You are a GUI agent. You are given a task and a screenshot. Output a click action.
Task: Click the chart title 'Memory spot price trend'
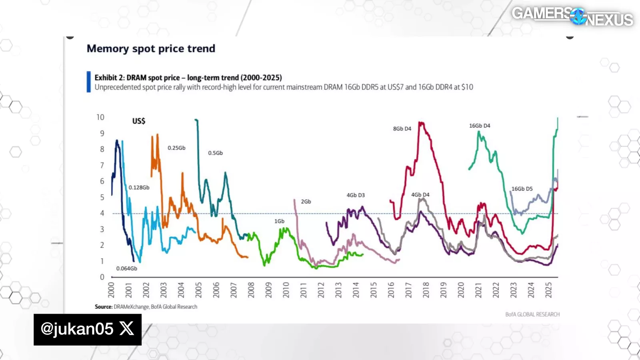click(151, 49)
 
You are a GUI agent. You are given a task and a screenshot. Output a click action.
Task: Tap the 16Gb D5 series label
click(522, 189)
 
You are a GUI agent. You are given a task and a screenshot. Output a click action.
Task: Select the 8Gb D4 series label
click(402, 129)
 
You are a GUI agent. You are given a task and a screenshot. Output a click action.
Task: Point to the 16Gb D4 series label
click(480, 126)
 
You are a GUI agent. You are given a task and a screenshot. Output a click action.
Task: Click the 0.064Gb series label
click(126, 268)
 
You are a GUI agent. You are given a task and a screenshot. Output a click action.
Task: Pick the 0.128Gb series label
click(139, 188)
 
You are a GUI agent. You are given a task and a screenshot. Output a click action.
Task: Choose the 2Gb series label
click(306, 202)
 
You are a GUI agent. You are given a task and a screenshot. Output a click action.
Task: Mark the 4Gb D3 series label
click(356, 195)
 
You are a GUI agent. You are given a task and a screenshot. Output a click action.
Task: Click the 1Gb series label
click(279, 221)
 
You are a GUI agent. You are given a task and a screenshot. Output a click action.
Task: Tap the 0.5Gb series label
click(215, 153)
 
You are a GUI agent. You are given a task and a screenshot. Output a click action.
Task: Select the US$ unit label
click(139, 121)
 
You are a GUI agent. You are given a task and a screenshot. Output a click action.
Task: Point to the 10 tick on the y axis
click(100, 117)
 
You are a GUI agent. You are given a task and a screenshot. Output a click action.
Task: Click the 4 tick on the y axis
click(102, 213)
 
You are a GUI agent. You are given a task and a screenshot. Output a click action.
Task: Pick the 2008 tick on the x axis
click(251, 290)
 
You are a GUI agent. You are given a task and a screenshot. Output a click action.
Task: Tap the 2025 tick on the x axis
click(548, 290)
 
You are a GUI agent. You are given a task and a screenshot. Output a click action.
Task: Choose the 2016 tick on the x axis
click(391, 290)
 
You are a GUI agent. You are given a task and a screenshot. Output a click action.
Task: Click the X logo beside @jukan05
click(127, 329)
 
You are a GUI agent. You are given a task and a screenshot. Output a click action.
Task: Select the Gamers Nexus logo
click(572, 16)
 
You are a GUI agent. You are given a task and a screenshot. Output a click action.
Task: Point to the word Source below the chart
click(103, 307)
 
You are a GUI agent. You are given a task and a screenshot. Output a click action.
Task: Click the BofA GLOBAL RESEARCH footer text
click(532, 314)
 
